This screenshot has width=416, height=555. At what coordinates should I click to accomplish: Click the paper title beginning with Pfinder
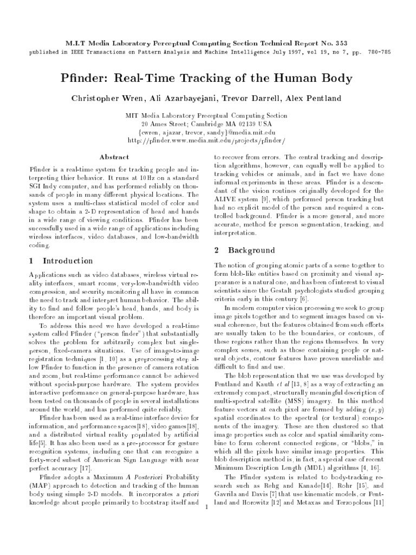pyautogui.click(x=207, y=78)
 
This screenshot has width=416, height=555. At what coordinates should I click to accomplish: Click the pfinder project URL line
pyautogui.click(x=207, y=140)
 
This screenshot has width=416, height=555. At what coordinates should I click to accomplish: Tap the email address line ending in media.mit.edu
pyautogui.click(x=207, y=132)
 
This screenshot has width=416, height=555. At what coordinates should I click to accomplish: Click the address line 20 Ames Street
pyautogui.click(x=207, y=124)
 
